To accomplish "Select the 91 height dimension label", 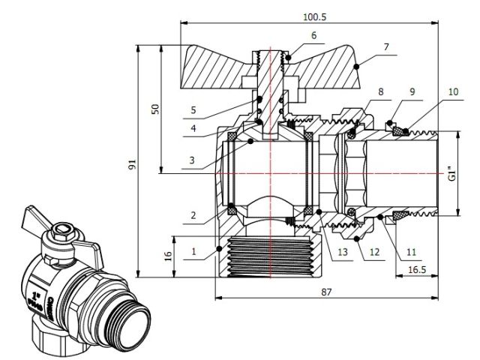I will (134, 159).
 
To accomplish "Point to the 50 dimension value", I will (156, 109).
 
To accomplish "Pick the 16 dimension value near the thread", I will (169, 255).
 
